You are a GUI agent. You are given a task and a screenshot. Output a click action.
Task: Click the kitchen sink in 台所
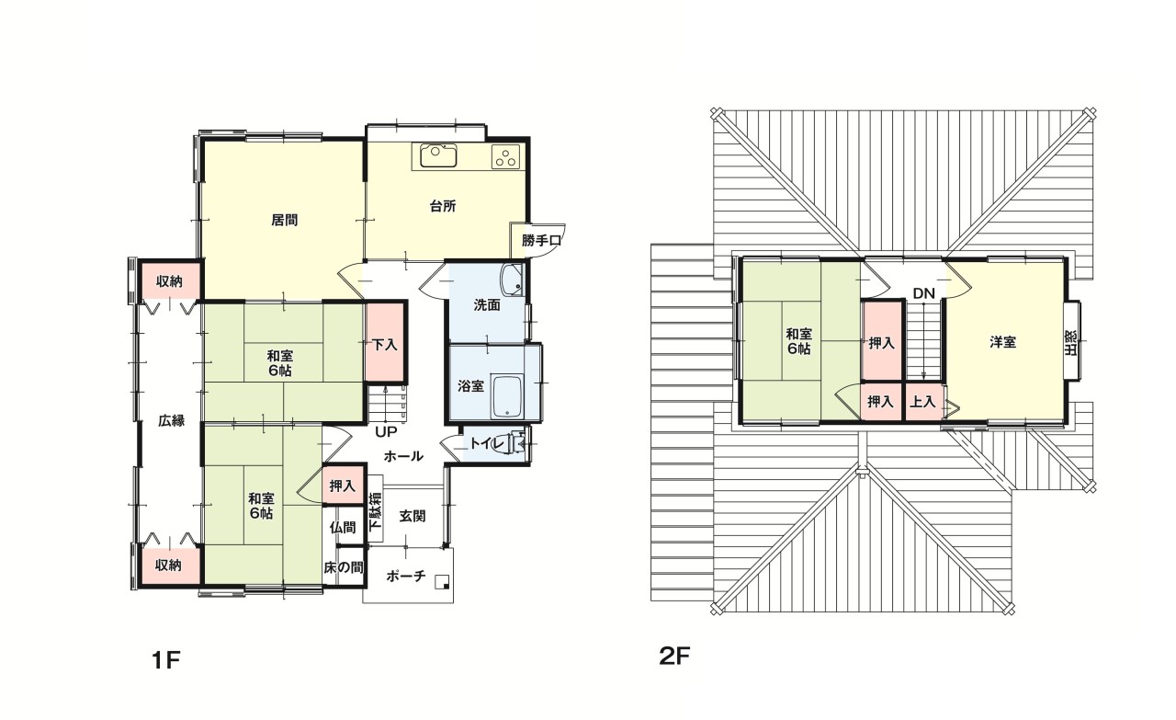pyautogui.click(x=438, y=155)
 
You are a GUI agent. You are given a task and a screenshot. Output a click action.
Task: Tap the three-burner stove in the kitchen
pyautogui.click(x=505, y=156)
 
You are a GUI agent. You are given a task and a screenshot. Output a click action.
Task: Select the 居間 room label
pyautogui.click(x=285, y=220)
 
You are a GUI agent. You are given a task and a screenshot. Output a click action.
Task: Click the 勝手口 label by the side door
pyautogui.click(x=541, y=241)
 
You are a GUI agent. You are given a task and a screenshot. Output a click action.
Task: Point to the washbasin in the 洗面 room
pyautogui.click(x=512, y=280)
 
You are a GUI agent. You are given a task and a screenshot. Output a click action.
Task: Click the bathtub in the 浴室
pyautogui.click(x=506, y=397)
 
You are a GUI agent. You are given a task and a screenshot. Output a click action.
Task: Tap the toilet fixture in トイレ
pyautogui.click(x=513, y=444)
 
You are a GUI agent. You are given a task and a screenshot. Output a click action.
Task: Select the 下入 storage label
pyautogui.click(x=385, y=345)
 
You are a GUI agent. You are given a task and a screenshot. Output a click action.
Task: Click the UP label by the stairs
pyautogui.click(x=386, y=432)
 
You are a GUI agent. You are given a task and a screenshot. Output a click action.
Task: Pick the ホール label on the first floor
pyautogui.click(x=403, y=456)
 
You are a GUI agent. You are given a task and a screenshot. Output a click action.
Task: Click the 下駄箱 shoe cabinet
pyautogui.click(x=376, y=509)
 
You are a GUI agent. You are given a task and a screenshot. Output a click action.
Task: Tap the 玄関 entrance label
pyautogui.click(x=413, y=516)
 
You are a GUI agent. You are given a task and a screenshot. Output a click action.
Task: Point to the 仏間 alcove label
pyautogui.click(x=343, y=527)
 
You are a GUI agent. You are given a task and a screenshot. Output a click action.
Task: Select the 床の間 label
pyautogui.click(x=344, y=567)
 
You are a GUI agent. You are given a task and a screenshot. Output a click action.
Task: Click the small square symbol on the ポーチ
pyautogui.click(x=443, y=580)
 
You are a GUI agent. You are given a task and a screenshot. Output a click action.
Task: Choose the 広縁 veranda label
pyautogui.click(x=171, y=420)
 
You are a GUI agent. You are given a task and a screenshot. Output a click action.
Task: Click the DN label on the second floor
pyautogui.click(x=924, y=293)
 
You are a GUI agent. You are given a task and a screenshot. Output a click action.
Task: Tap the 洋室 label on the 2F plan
pyautogui.click(x=1002, y=342)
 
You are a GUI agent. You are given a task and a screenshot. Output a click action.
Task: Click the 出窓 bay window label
pyautogui.click(x=1070, y=342)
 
